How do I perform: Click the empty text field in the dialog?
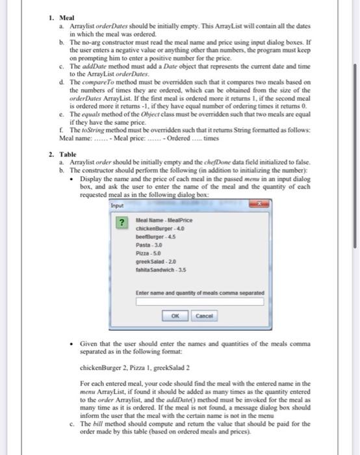click(199, 302)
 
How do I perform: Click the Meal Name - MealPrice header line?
click(160, 220)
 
